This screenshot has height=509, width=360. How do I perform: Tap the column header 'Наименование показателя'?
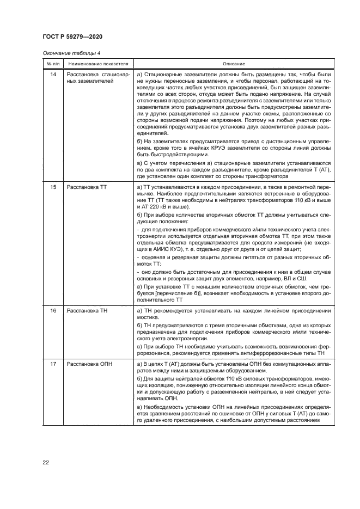[97, 64]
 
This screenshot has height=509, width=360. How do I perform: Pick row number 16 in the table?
[53, 310]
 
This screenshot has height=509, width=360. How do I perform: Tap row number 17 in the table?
[53, 363]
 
